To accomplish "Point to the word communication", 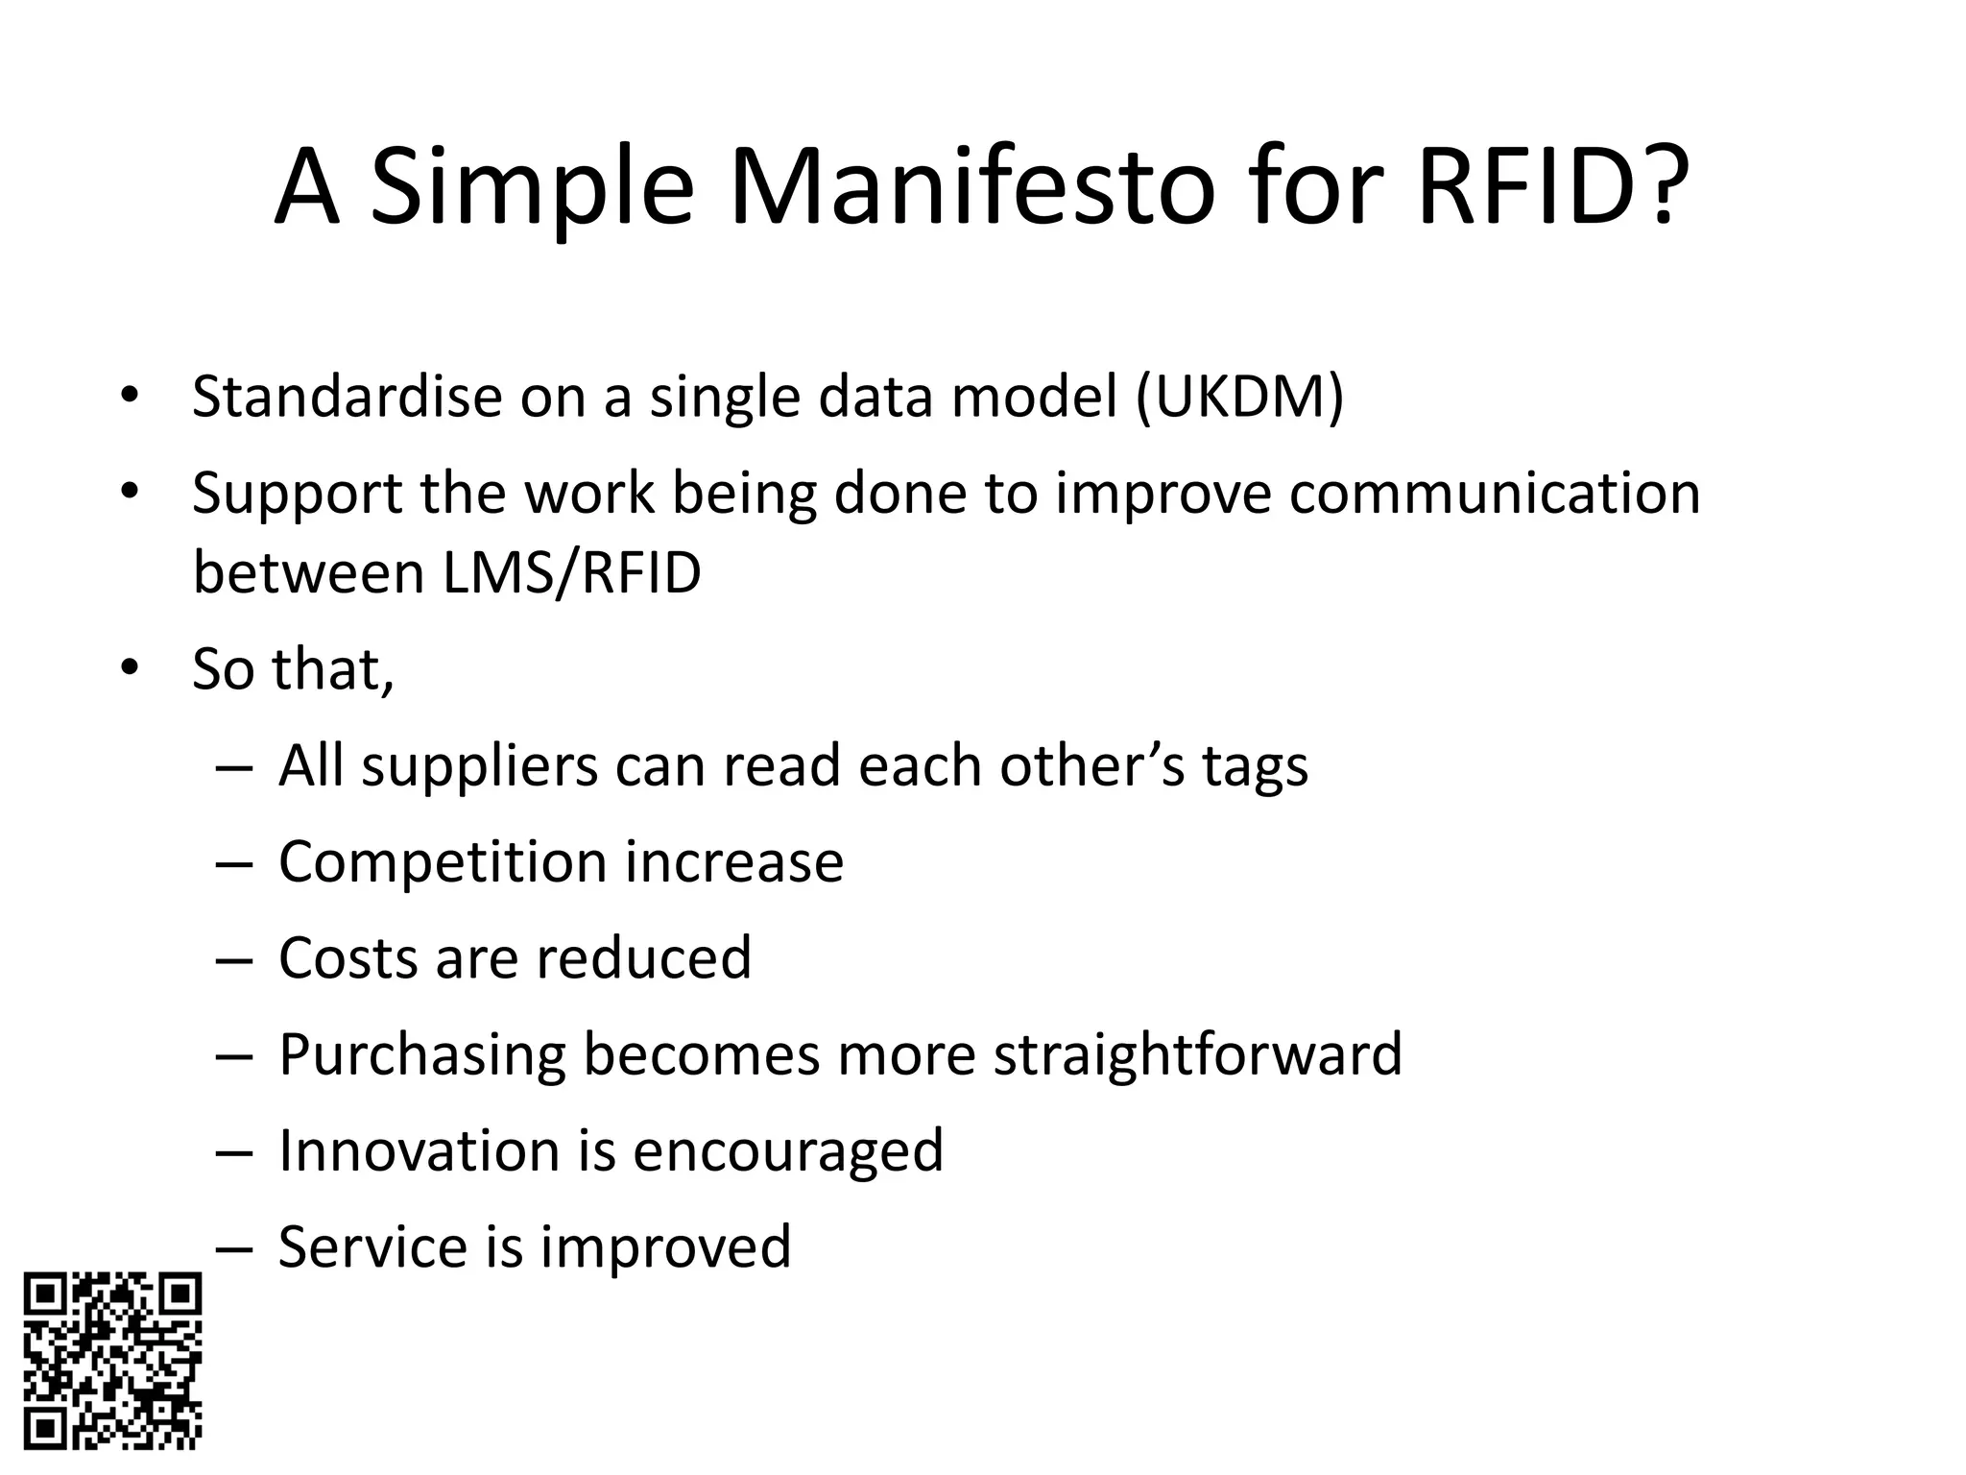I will [x=1494, y=493].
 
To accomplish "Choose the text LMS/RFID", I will [x=572, y=573].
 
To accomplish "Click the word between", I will [x=308, y=573].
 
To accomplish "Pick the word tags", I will [x=1255, y=767].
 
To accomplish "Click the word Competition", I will [x=443, y=861].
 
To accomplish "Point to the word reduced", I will [x=643, y=957].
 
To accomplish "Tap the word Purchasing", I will [x=422, y=1055].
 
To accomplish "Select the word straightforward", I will [x=1197, y=1055].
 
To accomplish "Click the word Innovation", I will [x=419, y=1150].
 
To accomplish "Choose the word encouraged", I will [x=788, y=1150].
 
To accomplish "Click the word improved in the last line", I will [x=665, y=1246].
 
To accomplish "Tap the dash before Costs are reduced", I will [x=234, y=959].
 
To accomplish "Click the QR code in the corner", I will [x=112, y=1361].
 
